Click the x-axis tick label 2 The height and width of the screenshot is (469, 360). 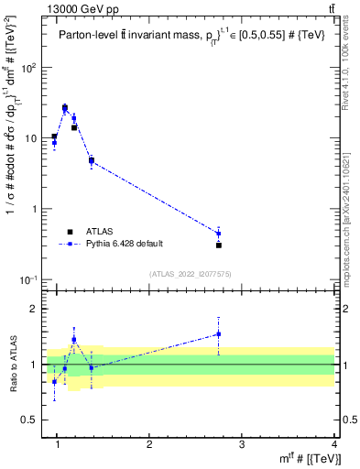click(x=149, y=444)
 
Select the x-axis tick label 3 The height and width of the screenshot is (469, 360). click(x=242, y=444)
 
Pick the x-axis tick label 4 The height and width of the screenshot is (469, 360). click(x=333, y=444)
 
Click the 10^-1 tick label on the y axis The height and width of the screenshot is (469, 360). click(x=27, y=279)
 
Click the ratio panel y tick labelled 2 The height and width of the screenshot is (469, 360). click(x=35, y=309)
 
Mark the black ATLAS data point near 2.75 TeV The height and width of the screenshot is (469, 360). click(x=219, y=245)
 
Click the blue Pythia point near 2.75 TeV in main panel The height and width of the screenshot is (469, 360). click(x=219, y=233)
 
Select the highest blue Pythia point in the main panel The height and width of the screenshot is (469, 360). click(x=65, y=108)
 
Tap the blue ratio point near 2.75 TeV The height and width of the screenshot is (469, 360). click(x=219, y=333)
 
